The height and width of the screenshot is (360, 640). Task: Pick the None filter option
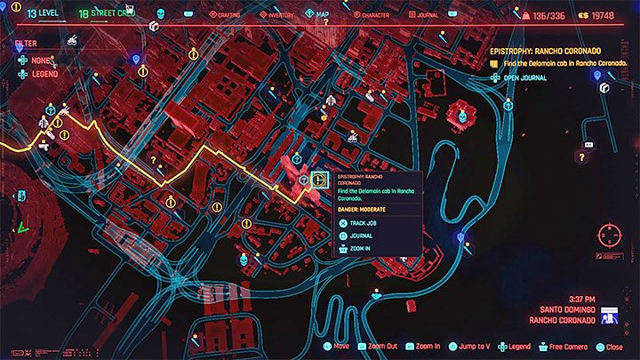pos(39,61)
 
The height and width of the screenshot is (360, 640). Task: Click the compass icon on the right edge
pos(610,236)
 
